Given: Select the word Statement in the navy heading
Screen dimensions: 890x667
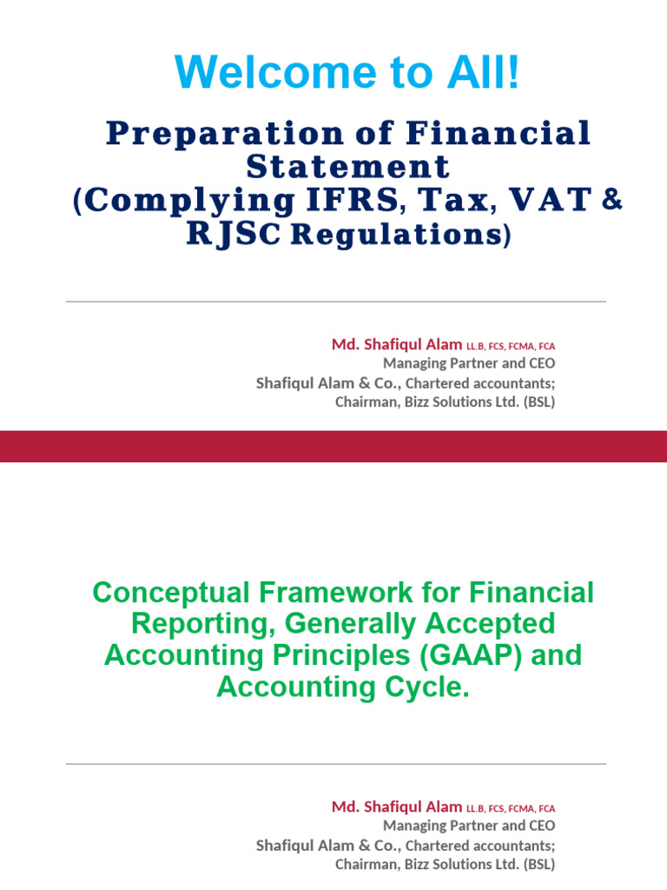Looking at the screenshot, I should tap(347, 166).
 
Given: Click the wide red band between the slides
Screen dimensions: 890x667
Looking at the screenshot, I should tap(333, 446).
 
